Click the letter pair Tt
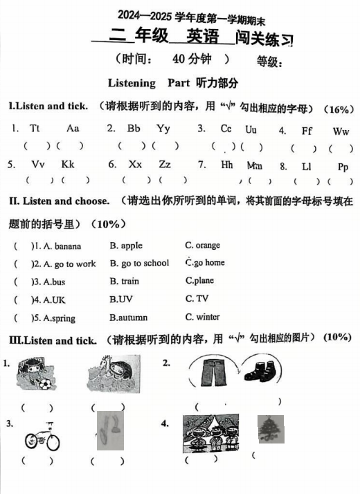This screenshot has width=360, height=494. (x=35, y=129)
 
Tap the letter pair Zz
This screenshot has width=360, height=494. (x=165, y=165)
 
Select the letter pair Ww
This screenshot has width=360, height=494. (x=341, y=131)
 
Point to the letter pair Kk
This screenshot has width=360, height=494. (x=67, y=165)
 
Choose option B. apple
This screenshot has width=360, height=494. (x=126, y=246)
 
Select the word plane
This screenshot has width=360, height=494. (x=202, y=281)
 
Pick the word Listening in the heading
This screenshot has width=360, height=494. (x=132, y=83)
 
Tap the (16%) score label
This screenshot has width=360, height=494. (x=339, y=109)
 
